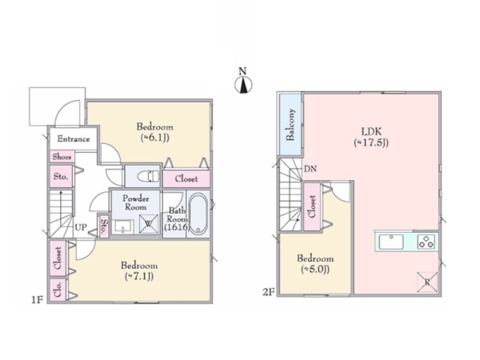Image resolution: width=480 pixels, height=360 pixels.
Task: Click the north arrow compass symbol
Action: (x=243, y=85)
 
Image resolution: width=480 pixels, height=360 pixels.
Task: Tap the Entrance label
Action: (x=74, y=139)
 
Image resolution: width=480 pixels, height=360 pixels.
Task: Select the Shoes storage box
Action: (x=62, y=157)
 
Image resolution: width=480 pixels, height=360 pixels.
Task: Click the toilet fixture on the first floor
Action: (x=149, y=177)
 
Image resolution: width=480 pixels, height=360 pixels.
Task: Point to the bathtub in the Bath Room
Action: (x=198, y=214)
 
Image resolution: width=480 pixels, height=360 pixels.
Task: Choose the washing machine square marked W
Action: (x=149, y=224)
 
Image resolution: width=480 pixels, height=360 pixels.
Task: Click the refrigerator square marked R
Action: (x=427, y=282)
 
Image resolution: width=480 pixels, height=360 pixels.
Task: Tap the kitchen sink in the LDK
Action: (x=391, y=242)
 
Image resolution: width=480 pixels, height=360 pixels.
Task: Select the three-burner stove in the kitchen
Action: (x=426, y=242)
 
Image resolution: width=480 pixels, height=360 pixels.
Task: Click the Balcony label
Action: (x=290, y=125)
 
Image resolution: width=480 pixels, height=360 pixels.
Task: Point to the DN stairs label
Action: (x=310, y=169)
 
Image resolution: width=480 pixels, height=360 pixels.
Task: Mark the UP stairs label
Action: (x=81, y=227)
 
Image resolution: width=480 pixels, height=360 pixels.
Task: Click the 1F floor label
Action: (x=37, y=300)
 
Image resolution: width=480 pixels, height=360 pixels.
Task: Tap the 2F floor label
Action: (x=268, y=292)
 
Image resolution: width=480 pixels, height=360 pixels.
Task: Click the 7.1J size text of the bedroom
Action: (x=139, y=277)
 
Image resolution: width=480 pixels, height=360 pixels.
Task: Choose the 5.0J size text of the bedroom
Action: (x=315, y=270)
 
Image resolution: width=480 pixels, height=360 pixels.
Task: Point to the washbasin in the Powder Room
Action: (x=122, y=227)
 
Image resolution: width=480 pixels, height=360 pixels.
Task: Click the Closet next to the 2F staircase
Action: (x=312, y=206)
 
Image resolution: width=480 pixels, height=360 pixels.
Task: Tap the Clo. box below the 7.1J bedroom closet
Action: (x=58, y=290)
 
